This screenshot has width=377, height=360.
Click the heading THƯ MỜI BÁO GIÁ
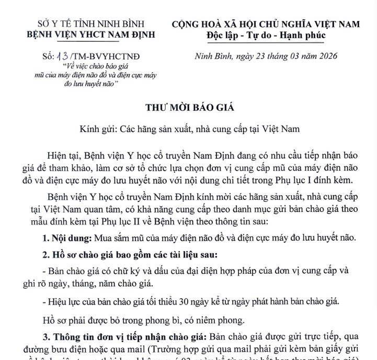tap(190, 108)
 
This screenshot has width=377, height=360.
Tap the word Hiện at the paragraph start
tap(59, 156)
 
